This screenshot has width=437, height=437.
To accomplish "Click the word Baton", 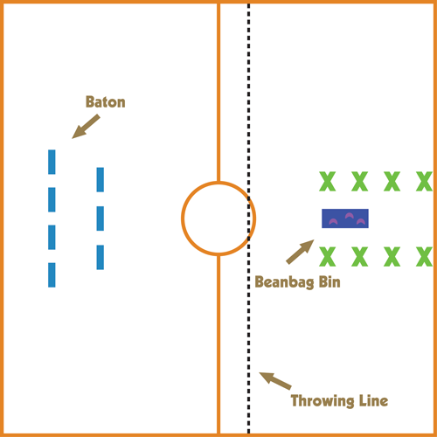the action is click(x=106, y=102).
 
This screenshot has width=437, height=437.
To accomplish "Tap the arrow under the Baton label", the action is click(x=86, y=127).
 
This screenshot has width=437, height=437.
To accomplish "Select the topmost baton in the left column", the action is click(x=52, y=162).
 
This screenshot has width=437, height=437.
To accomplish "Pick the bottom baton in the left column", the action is click(x=52, y=275).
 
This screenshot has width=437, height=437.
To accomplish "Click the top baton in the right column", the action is click(x=101, y=179).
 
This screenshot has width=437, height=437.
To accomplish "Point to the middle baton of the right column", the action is click(x=101, y=218).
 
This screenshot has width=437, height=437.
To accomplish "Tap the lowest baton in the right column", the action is click(x=101, y=257).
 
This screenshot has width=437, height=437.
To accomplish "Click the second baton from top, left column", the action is click(x=52, y=199).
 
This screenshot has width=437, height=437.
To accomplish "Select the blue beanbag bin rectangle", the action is click(x=345, y=218).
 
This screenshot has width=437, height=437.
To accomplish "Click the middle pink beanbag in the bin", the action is click(x=349, y=216).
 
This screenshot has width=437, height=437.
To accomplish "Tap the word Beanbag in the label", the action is click(x=285, y=282).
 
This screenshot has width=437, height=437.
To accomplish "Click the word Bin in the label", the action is click(x=329, y=281).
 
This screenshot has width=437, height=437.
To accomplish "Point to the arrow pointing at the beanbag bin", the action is click(x=300, y=252).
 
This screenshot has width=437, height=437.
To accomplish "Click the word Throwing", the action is click(x=323, y=401).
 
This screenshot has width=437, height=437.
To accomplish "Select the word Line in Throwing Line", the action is click(x=373, y=400).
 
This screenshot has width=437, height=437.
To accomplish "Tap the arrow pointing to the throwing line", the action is click(x=275, y=381).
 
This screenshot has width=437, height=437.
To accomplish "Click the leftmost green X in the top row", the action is click(x=328, y=181).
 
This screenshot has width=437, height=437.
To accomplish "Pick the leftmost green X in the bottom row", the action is click(x=328, y=256).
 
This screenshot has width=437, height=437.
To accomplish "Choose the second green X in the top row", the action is click(x=360, y=181).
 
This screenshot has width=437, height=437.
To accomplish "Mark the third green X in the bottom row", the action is click(x=392, y=256).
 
